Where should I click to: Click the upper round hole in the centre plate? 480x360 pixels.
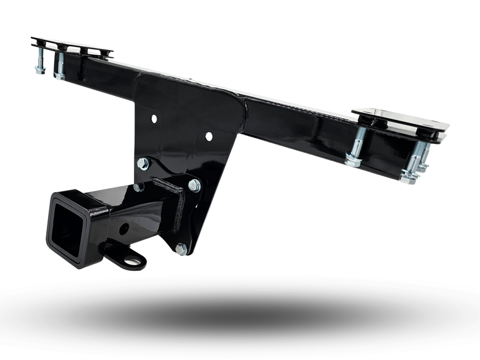click(x=153, y=118)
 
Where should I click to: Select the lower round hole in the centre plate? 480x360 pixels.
click(x=208, y=136)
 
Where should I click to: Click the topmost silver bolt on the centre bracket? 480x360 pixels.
click(x=143, y=164)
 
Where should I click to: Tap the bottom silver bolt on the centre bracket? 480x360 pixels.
click(x=181, y=249)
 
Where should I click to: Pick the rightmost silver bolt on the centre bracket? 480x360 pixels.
click(x=194, y=185)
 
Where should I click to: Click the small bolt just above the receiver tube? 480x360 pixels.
click(x=138, y=187)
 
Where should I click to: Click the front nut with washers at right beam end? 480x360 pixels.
click(x=409, y=176)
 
